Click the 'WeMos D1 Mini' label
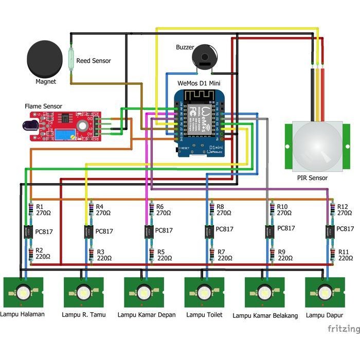[x=199, y=83]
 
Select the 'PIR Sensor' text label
[x=312, y=178]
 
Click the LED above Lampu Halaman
[x=23, y=292]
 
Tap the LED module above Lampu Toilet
[x=205, y=292]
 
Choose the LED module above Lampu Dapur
[x=325, y=292]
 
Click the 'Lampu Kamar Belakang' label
[x=265, y=316]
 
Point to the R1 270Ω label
[x=43, y=209]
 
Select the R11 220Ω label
[x=345, y=255]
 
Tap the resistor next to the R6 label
[x=151, y=209]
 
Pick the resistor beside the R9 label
[x=271, y=255]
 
